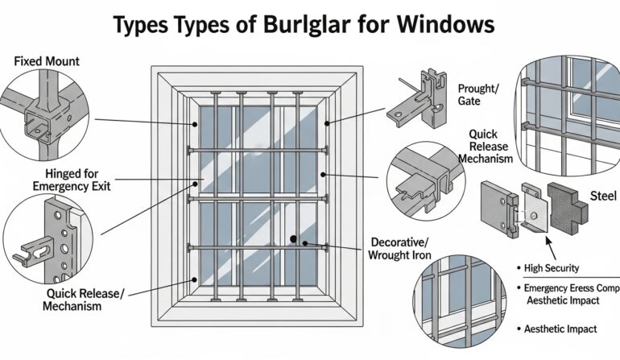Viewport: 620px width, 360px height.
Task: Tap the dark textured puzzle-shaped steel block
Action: point(568,202)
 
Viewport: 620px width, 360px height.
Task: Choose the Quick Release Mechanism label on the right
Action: point(486,147)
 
